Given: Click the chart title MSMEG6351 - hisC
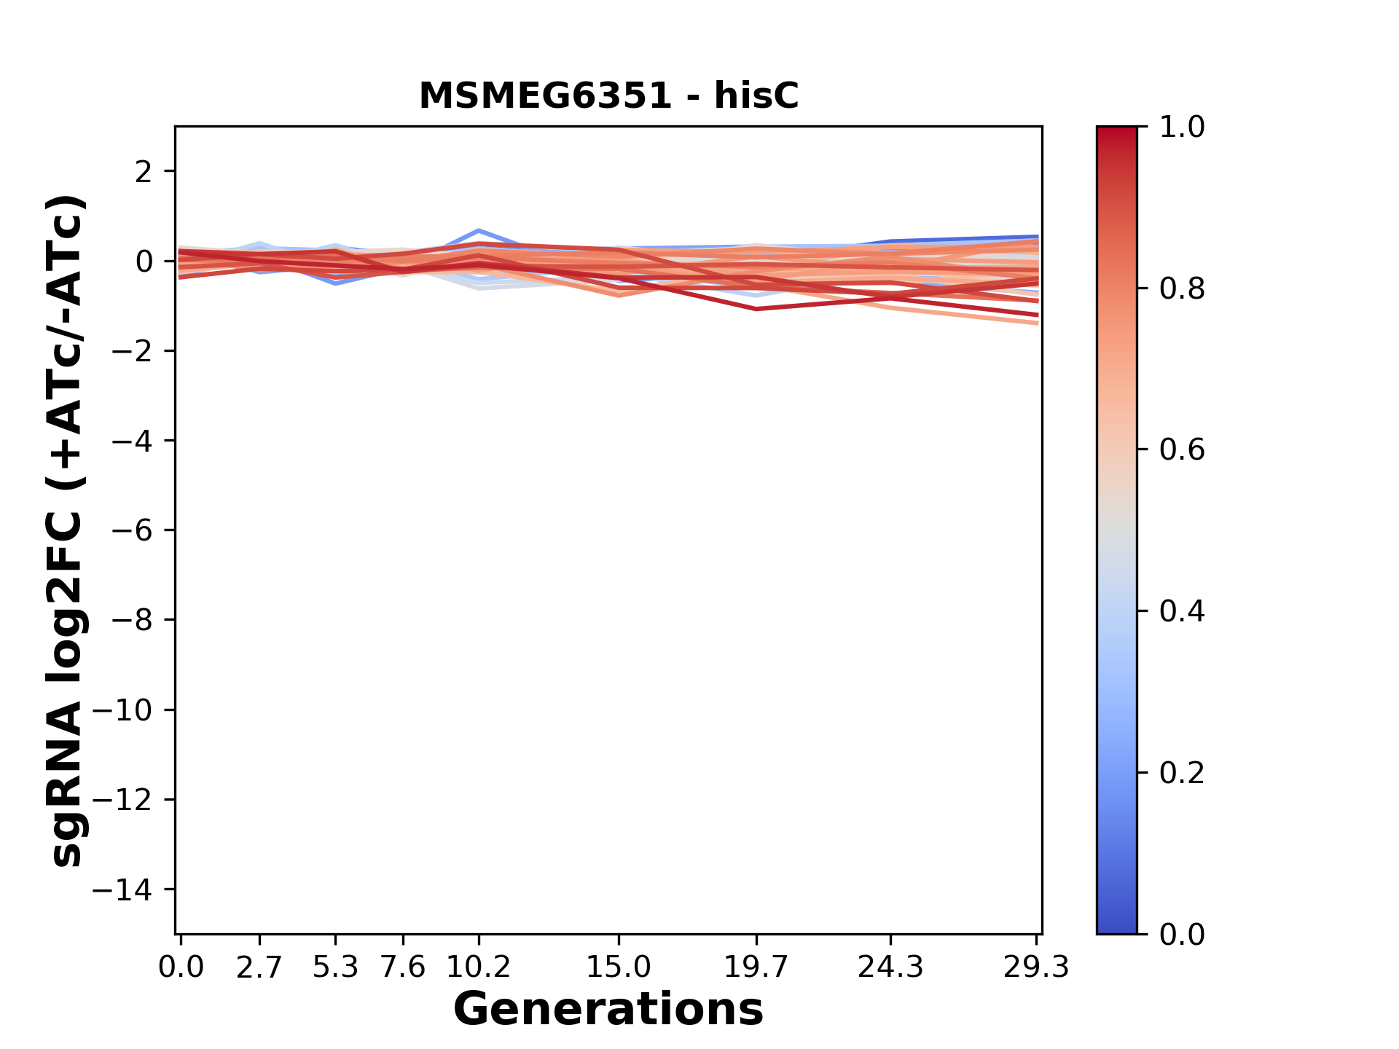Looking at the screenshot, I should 608,96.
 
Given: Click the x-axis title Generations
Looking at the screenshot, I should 608,1010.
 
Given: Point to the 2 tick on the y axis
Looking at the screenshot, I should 144,172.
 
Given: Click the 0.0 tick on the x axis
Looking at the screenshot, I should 181,967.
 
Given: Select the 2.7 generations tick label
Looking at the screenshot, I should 259,967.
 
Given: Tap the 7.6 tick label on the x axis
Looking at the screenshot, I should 403,967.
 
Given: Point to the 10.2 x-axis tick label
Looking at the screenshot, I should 479,967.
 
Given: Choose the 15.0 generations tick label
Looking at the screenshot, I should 619,967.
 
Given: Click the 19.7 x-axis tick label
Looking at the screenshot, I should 756,967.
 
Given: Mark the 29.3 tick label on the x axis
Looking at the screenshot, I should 1036,967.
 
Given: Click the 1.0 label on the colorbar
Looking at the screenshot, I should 1182,127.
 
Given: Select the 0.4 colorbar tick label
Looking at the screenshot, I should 1182,611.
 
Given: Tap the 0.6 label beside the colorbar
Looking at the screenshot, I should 1182,450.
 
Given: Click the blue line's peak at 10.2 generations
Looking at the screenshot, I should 479,230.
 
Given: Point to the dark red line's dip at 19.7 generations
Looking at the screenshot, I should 756,309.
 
